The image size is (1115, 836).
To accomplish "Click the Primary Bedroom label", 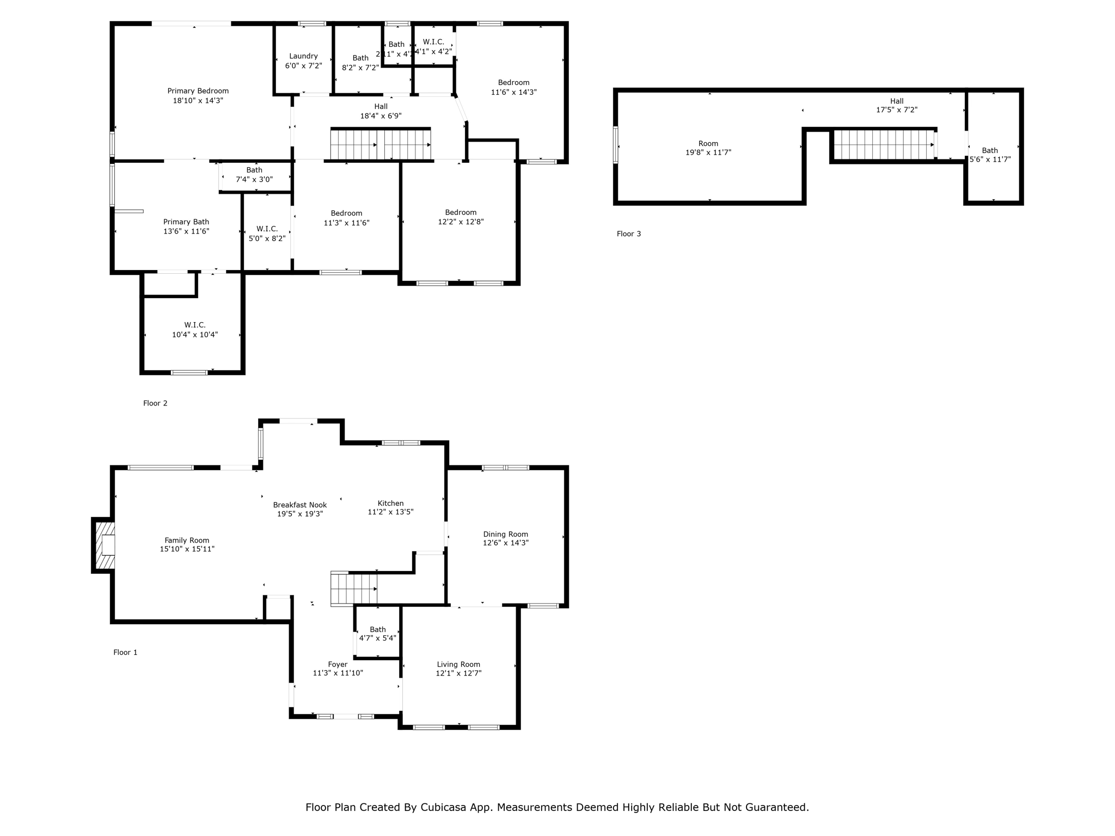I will point(198,91).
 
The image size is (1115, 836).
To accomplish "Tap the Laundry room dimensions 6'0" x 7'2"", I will point(303,66).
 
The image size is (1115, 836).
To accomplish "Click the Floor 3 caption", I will point(629,234).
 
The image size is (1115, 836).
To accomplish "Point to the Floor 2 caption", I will point(155,403).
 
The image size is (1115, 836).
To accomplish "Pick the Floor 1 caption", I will point(125,653).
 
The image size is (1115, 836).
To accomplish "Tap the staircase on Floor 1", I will point(353,589).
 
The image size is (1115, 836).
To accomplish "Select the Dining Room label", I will point(505,534).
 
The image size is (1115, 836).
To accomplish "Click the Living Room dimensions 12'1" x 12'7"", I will point(458,673).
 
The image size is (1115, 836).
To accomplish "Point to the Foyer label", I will point(338,665).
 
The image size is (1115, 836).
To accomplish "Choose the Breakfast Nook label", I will point(300,505).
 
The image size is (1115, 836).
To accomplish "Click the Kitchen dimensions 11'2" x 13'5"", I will point(390,512).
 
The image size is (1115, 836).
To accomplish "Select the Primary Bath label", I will point(186,222).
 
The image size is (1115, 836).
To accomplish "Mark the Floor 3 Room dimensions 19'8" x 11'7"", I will point(708,153).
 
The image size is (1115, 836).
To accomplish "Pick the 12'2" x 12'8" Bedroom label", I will point(461,212).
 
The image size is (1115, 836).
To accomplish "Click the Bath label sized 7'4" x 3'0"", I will point(254,170).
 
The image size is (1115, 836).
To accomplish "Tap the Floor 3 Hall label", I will point(897,101).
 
